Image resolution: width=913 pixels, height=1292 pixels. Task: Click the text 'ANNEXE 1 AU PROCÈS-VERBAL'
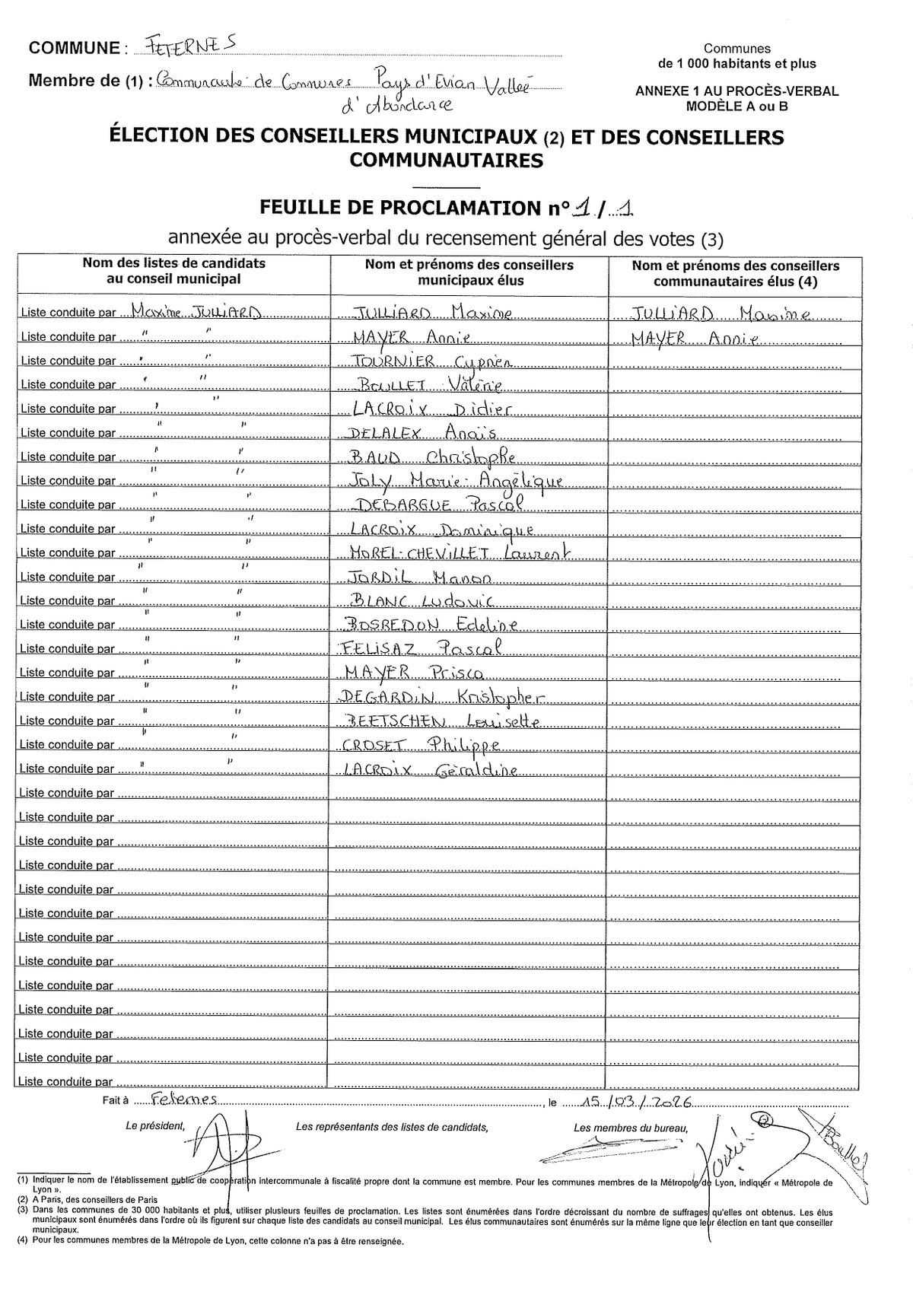pos(736,91)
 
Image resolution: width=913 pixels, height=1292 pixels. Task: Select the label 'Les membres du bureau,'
pos(631,1128)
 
